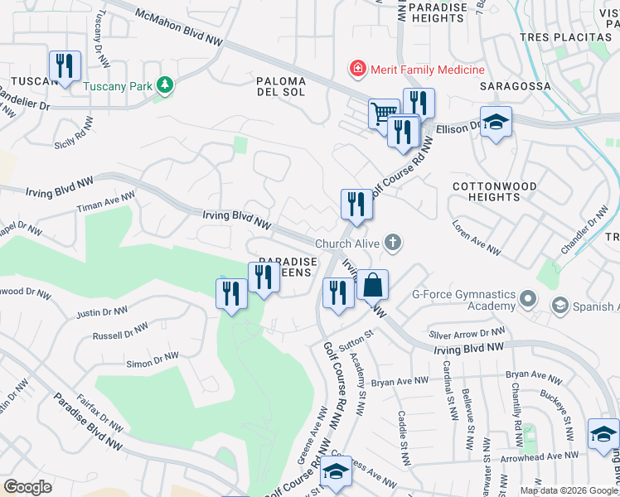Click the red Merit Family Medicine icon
click(x=357, y=70)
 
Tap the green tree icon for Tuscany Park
click(x=165, y=84)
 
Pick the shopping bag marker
click(x=373, y=285)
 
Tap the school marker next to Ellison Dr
click(x=496, y=122)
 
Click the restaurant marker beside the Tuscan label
click(x=65, y=65)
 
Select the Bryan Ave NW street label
click(x=400, y=382)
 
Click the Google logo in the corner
click(x=27, y=487)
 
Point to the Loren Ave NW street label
click(x=477, y=238)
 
